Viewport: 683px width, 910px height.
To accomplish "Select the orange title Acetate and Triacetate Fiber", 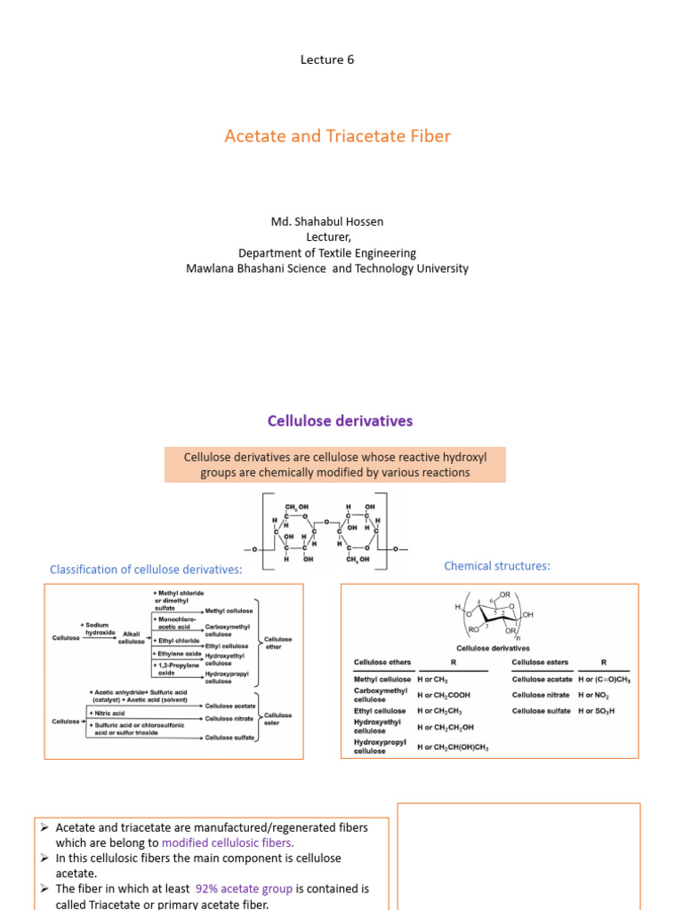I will [337, 136].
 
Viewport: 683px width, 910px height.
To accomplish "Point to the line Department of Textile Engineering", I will [326, 252].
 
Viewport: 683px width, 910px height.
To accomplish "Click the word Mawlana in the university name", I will [212, 268].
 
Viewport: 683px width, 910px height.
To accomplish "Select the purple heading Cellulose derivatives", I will [341, 420].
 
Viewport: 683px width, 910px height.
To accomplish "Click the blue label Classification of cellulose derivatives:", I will [146, 570].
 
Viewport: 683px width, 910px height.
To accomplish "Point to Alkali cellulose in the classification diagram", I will [132, 637].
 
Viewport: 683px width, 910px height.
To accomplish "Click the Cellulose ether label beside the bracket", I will [278, 643].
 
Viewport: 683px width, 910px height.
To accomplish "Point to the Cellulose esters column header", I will [541, 662].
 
